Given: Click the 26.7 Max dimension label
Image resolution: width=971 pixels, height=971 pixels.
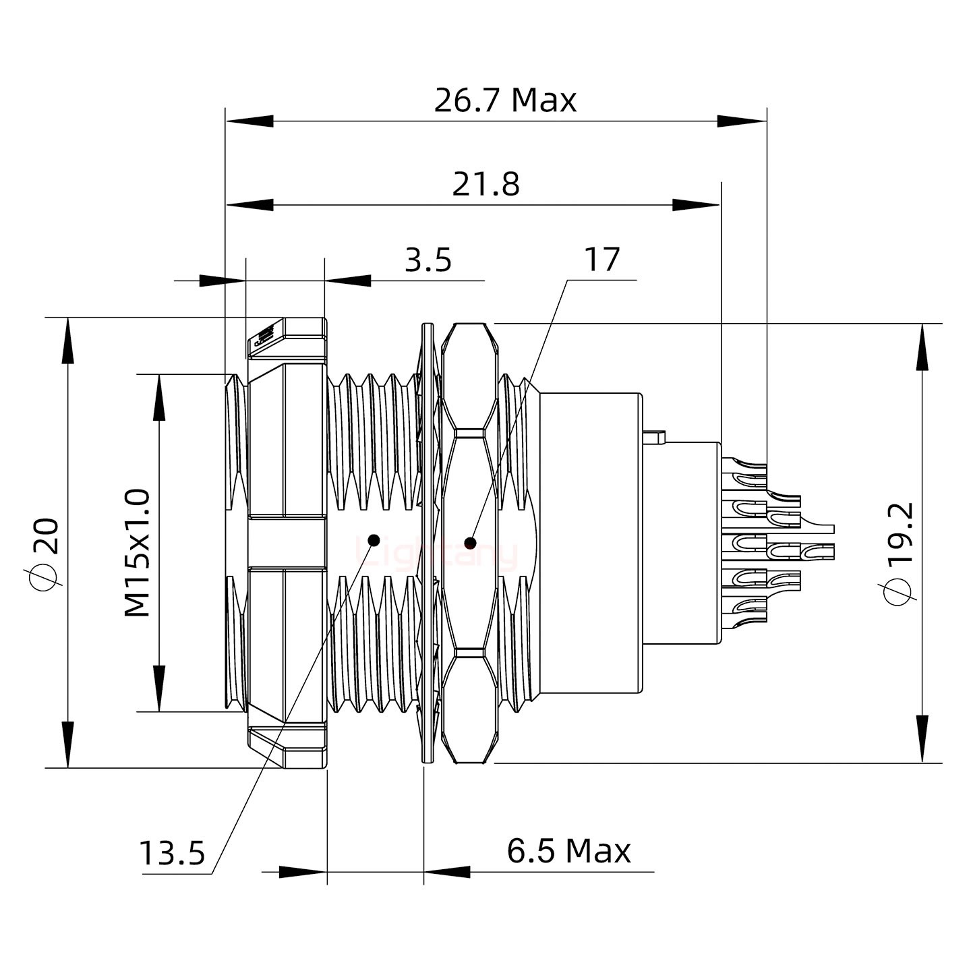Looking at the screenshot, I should [x=505, y=100].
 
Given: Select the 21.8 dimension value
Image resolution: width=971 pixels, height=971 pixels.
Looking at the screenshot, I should [x=486, y=184].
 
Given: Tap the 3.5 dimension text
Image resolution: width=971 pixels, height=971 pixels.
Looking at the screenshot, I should [x=428, y=260].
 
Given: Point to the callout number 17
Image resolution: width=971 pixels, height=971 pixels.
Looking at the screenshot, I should [x=601, y=260].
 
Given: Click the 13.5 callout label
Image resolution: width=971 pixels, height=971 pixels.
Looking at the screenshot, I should [x=172, y=854].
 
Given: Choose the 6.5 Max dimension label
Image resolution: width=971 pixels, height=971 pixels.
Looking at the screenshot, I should [x=568, y=851].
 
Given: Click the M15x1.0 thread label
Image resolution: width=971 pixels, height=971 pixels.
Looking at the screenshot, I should [x=138, y=554].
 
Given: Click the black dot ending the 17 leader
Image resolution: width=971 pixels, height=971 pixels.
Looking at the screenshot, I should [x=470, y=543].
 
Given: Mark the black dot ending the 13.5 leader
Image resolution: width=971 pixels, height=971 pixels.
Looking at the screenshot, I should [x=373, y=540].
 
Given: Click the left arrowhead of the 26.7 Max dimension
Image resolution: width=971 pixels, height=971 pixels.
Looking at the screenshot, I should [x=249, y=121].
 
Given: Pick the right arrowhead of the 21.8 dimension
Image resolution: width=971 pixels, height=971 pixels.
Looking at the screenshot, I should [x=697, y=205].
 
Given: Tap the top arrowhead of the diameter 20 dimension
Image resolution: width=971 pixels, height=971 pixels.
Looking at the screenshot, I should [x=67, y=341].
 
